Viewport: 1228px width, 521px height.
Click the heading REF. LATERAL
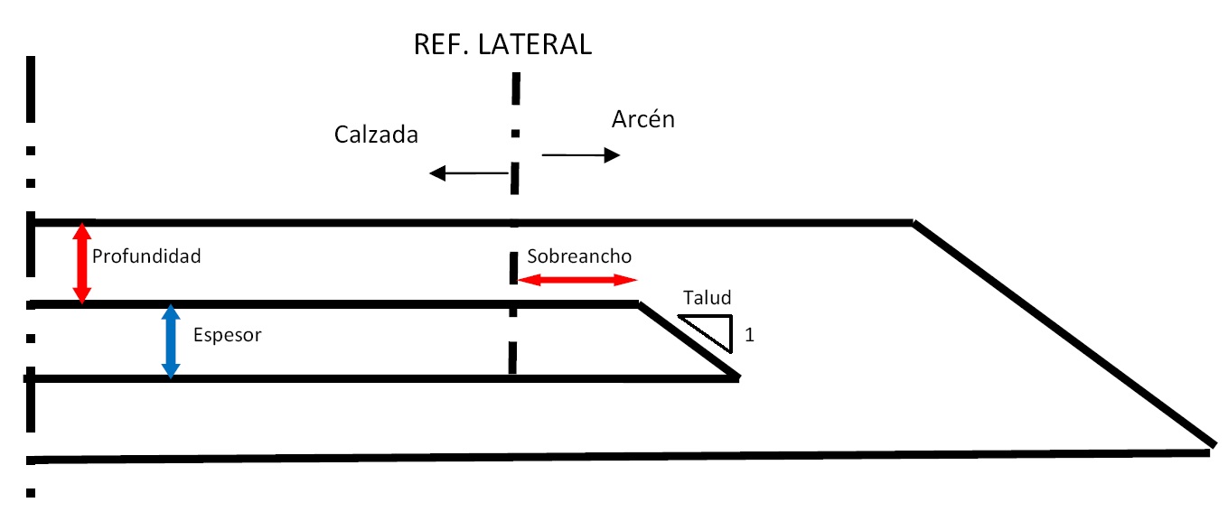[502, 44]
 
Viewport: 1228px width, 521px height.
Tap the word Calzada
[376, 135]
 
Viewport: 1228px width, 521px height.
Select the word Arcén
[643, 119]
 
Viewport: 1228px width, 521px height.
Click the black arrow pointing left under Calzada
[468, 173]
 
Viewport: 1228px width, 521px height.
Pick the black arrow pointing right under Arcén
[581, 155]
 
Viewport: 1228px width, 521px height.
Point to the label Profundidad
[146, 256]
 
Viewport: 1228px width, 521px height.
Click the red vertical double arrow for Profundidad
[82, 263]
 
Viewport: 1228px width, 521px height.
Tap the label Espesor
[227, 335]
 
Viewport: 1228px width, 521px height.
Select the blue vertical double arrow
[170, 341]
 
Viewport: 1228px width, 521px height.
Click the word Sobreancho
[579, 256]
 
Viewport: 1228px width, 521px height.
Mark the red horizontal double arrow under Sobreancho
[577, 280]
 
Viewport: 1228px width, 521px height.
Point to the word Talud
[707, 298]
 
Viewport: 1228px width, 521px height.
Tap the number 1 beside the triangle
[749, 336]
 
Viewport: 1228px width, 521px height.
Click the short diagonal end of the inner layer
[689, 341]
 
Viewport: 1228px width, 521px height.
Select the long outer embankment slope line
[1062, 334]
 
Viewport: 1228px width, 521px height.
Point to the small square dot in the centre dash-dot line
[515, 134]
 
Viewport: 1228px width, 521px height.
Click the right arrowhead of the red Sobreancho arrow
[629, 280]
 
